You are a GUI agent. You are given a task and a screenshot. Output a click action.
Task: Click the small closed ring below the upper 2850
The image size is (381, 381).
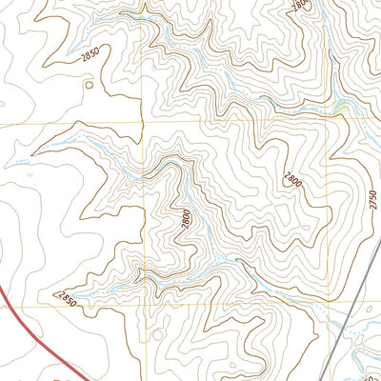(x=90, y=85)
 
